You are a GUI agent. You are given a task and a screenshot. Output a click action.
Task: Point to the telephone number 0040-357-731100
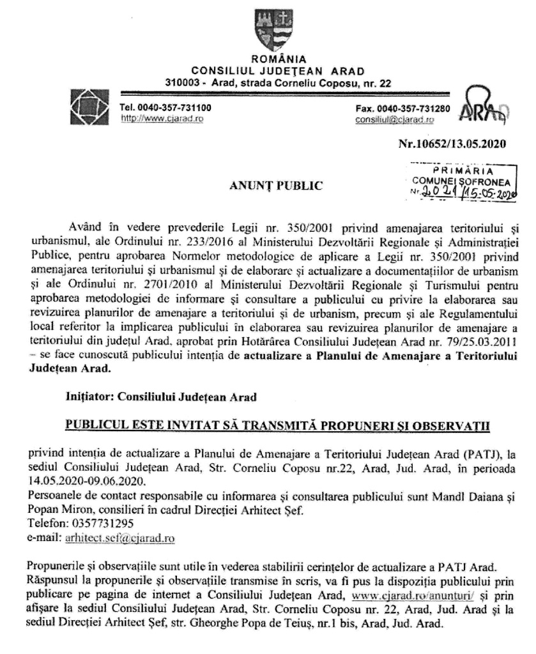tap(166, 108)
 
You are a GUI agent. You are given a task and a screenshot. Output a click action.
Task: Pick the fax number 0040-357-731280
tap(402, 108)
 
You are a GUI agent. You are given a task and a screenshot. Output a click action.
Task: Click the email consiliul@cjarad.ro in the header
tap(395, 119)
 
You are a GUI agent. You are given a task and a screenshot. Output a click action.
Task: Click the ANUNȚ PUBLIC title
tap(275, 186)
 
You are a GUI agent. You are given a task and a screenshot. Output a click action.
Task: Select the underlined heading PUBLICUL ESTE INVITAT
tap(276, 425)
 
